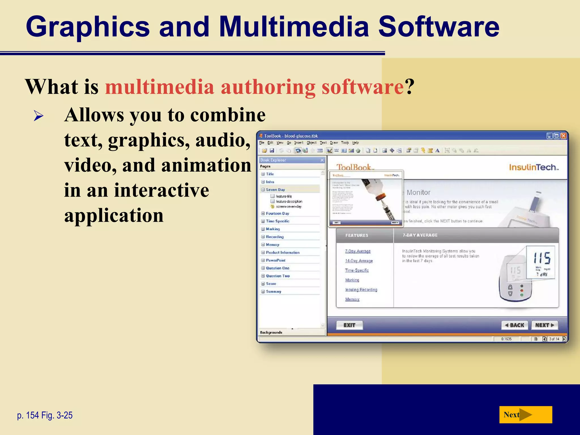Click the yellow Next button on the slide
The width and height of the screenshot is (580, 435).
pyautogui.click(x=525, y=415)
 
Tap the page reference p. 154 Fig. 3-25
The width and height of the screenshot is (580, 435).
pyautogui.click(x=45, y=415)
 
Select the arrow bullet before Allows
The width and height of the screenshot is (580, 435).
pyautogui.click(x=39, y=116)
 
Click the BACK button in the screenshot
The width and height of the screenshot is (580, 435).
pyautogui.click(x=515, y=325)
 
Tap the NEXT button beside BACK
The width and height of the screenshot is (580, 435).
pyautogui.click(x=544, y=325)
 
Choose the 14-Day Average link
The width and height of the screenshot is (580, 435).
pyautogui.click(x=359, y=261)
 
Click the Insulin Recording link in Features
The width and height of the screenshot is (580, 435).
pyautogui.click(x=361, y=290)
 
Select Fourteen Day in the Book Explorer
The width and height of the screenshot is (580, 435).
pyautogui.click(x=277, y=214)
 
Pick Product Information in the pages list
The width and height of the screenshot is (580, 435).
pyautogui.click(x=282, y=253)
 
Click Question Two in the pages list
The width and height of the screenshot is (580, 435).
pyautogui.click(x=278, y=276)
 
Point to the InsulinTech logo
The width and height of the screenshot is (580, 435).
pyautogui.click(x=534, y=167)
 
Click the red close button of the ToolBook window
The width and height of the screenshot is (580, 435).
pyautogui.click(x=564, y=136)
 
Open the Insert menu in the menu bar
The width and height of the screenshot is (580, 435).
pyautogui.click(x=298, y=143)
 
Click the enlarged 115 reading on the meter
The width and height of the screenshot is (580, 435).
pyautogui.click(x=542, y=258)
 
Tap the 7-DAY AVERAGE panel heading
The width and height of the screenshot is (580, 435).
pyautogui.click(x=420, y=235)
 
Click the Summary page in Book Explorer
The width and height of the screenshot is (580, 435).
pyautogui.click(x=273, y=291)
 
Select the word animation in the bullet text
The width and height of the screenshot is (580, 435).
pyautogui.click(x=206, y=165)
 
